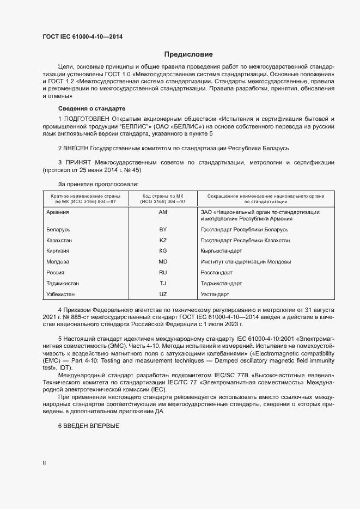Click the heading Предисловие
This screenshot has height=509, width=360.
click(x=188, y=54)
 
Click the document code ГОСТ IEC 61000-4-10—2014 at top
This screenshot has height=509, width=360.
click(x=83, y=36)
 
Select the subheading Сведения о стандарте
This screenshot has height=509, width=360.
click(x=91, y=108)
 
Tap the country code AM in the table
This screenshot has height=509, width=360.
click(x=163, y=212)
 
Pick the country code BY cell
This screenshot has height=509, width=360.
click(x=163, y=230)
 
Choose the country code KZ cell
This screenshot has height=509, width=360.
click(x=163, y=240)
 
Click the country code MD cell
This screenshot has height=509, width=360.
click(x=163, y=262)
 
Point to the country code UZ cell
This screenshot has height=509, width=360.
click(x=163, y=294)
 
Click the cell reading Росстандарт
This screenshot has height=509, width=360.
click(x=216, y=272)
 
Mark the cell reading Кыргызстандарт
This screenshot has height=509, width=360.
click(x=221, y=251)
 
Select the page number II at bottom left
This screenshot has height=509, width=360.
click(x=45, y=463)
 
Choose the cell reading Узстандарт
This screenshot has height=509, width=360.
click(x=215, y=294)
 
